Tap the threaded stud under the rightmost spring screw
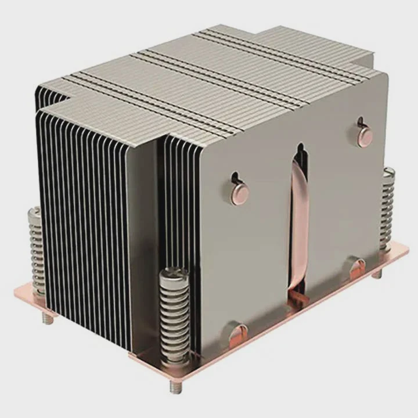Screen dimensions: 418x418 (377, 273)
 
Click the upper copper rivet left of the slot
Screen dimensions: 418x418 (239, 193)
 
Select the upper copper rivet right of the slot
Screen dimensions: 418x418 (365, 136)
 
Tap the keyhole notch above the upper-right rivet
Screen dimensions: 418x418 (361, 122)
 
